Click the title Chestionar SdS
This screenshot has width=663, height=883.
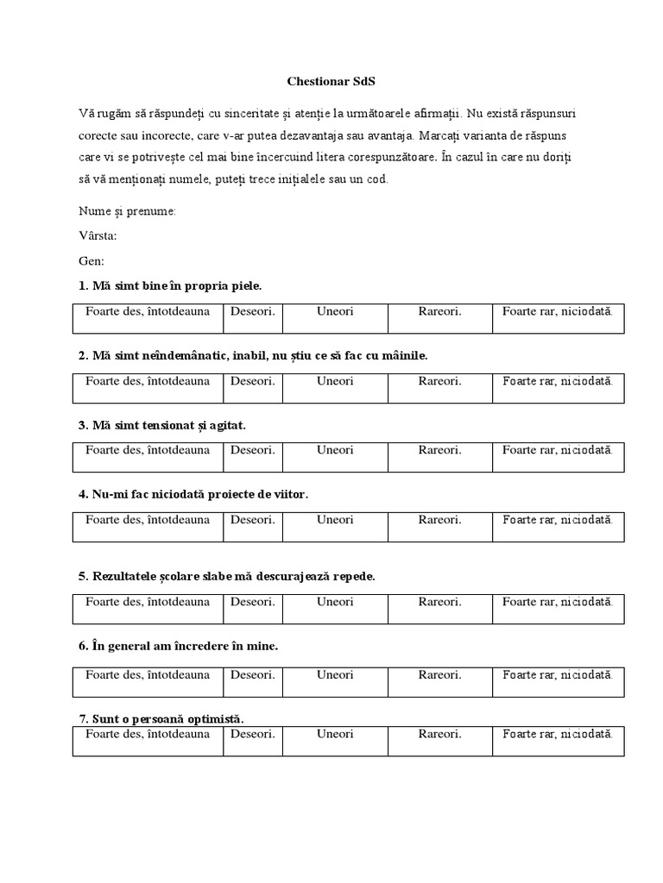pyautogui.click(x=331, y=82)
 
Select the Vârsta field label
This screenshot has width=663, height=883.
pyautogui.click(x=98, y=235)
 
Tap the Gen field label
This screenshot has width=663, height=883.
pyautogui.click(x=91, y=260)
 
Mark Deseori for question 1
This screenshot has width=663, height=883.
pyautogui.click(x=253, y=311)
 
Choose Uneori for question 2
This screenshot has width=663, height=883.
pyautogui.click(x=335, y=380)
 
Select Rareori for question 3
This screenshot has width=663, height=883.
pyautogui.click(x=440, y=450)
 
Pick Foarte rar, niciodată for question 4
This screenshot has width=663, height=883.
pyautogui.click(x=558, y=519)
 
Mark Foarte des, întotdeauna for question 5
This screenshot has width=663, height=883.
pyautogui.click(x=148, y=601)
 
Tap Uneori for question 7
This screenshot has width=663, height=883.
pyautogui.click(x=335, y=734)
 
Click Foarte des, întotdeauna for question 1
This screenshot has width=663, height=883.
pyautogui.click(x=148, y=311)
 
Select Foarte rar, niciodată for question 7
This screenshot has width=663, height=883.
pyautogui.click(x=558, y=734)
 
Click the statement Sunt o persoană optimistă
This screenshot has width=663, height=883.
pyautogui.click(x=170, y=718)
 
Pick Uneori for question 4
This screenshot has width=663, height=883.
pyautogui.click(x=335, y=519)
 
